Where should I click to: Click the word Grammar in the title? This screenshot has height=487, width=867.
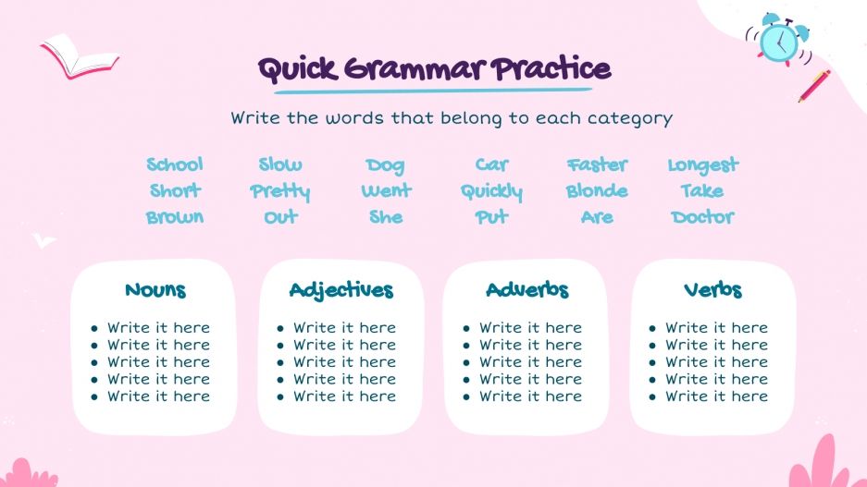(x=413, y=70)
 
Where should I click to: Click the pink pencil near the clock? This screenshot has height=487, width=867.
(x=814, y=86)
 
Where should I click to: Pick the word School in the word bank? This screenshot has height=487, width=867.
(x=175, y=164)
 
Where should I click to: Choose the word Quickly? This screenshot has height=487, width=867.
(x=491, y=192)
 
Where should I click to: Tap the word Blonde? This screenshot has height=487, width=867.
(x=597, y=191)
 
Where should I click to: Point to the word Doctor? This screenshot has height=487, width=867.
(x=702, y=217)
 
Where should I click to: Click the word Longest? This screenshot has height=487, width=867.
(x=703, y=165)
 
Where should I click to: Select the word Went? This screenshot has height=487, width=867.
(x=386, y=191)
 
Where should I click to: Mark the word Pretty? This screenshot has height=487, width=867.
(x=279, y=192)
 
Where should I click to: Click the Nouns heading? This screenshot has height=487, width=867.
(x=155, y=290)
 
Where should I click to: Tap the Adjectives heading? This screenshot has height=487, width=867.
(x=341, y=290)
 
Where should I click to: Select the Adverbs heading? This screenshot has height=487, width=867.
(x=527, y=290)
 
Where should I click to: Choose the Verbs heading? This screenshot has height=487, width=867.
(x=712, y=290)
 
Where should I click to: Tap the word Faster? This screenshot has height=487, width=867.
(x=597, y=164)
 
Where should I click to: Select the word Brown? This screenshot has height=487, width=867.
(x=175, y=217)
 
